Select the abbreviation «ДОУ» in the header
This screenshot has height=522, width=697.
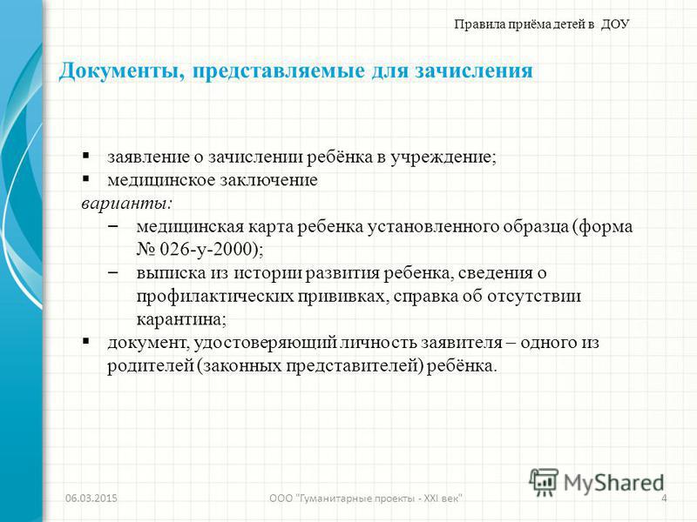point(615,24)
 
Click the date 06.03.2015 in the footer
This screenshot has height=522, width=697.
point(91,498)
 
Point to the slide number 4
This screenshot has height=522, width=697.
point(664,498)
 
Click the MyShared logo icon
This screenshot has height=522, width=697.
point(544,482)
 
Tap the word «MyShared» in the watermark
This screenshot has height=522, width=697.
point(613,483)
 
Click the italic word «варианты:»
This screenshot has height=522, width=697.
point(126,204)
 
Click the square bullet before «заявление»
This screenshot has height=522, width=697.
point(85,156)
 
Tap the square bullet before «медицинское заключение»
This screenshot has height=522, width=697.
point(85,179)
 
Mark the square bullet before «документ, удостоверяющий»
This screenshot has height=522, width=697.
point(85,341)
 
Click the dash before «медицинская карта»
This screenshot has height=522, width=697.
point(113,226)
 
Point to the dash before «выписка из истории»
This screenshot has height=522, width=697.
point(113,272)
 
